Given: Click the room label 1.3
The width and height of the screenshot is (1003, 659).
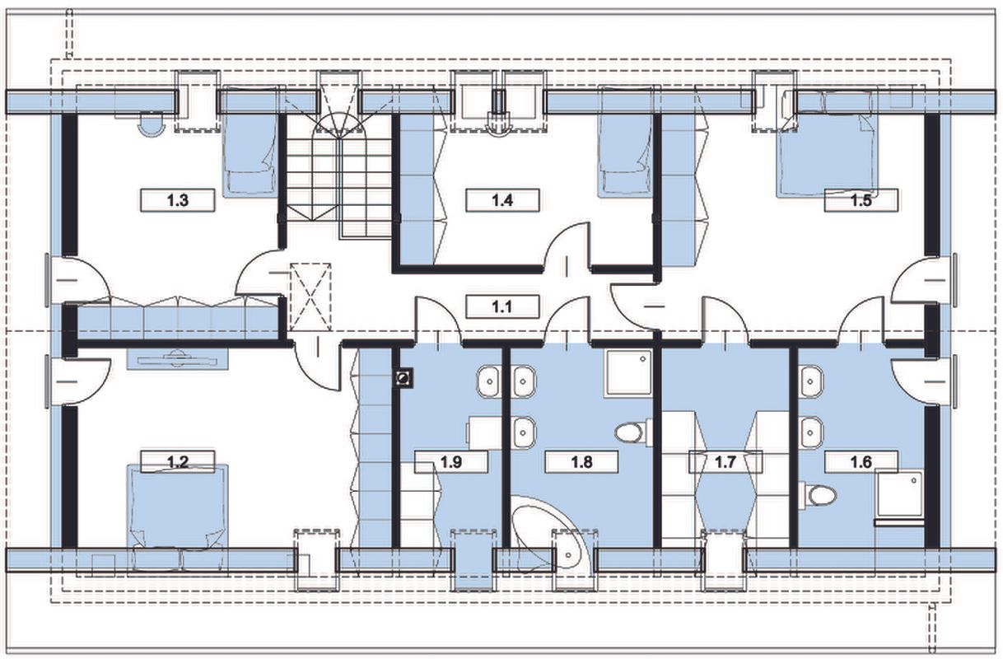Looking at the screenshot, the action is [x=178, y=200].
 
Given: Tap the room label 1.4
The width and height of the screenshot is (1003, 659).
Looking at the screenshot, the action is [x=502, y=200].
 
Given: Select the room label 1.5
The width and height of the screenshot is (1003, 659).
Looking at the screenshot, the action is [x=861, y=200].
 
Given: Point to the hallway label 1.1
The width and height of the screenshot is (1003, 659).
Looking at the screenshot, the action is [x=502, y=307].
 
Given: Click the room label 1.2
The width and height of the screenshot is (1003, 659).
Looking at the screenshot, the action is [x=178, y=461].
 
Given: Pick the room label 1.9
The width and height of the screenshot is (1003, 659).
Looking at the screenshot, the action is [x=451, y=462].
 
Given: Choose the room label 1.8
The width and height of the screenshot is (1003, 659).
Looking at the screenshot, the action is [x=581, y=462].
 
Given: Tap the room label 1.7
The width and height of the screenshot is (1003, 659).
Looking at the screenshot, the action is [x=725, y=462].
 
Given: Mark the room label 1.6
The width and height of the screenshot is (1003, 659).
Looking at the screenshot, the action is [x=861, y=462].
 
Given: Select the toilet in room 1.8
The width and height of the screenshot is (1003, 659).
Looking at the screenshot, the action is [x=634, y=433].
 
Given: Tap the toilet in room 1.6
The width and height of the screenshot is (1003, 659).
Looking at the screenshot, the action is [x=818, y=495].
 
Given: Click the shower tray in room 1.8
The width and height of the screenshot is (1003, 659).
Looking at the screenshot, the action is [x=627, y=374].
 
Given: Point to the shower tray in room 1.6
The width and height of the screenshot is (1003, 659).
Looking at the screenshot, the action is [x=899, y=497].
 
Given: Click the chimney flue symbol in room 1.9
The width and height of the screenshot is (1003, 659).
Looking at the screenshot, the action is [x=404, y=377].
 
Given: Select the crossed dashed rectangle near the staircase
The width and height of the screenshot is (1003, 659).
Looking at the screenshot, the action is [x=310, y=297].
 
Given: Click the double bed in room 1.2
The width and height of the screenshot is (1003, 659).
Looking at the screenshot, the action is [x=178, y=520].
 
